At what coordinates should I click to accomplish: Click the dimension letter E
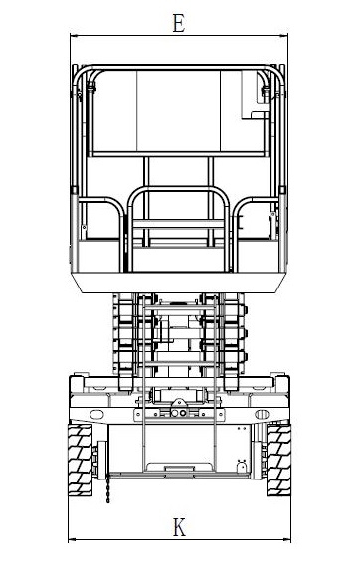pyautogui.click(x=179, y=23)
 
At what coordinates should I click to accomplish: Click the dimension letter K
pyautogui.click(x=179, y=527)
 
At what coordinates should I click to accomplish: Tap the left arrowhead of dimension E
pyautogui.click(x=74, y=36)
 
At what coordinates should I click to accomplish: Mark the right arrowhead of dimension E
pyautogui.click(x=283, y=36)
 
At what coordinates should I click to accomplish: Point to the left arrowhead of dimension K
pyautogui.click(x=73, y=539)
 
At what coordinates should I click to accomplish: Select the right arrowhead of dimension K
pyautogui.click(x=286, y=539)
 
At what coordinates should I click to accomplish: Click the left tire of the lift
pyautogui.click(x=81, y=461)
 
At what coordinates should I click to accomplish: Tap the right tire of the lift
pyautogui.click(x=278, y=461)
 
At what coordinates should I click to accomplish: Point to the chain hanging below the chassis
pyautogui.click(x=107, y=488)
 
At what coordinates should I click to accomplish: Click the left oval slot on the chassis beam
pyautogui.click(x=96, y=415)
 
